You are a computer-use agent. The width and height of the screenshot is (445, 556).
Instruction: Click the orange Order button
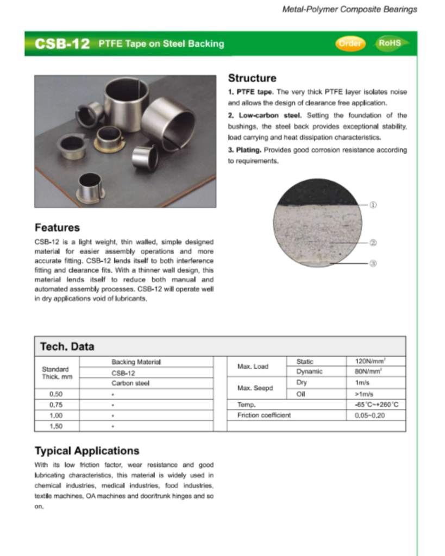click(x=350, y=43)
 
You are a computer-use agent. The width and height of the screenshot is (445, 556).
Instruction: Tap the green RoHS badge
click(x=391, y=43)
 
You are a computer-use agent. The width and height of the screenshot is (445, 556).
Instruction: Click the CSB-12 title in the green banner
click(x=62, y=44)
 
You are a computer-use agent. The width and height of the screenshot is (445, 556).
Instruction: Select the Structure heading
click(x=252, y=78)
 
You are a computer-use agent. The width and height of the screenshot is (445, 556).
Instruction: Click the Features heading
click(x=57, y=228)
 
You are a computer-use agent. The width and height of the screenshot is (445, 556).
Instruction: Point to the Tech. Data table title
click(x=67, y=346)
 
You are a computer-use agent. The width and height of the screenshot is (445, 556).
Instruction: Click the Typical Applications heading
click(x=87, y=451)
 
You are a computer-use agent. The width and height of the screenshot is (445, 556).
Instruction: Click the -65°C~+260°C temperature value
click(x=375, y=405)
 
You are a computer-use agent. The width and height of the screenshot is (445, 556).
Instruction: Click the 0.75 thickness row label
click(x=56, y=405)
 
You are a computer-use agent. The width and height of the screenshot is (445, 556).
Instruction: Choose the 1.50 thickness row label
click(x=56, y=426)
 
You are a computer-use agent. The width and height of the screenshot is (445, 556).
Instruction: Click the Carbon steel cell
click(x=130, y=383)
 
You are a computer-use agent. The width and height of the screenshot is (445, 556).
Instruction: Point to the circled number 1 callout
click(x=373, y=205)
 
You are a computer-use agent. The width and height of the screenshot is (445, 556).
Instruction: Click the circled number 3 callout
click(x=373, y=264)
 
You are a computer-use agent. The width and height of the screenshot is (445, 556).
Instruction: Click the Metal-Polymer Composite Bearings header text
click(x=350, y=9)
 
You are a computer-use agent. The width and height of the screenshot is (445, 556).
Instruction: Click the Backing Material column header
click(x=136, y=362)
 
